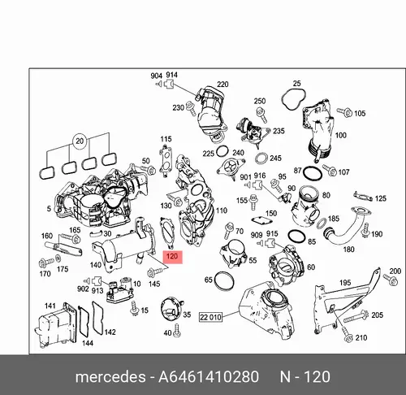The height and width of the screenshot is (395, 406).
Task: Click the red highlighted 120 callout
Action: tap(173, 257)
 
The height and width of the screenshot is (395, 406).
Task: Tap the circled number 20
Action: tap(80, 141)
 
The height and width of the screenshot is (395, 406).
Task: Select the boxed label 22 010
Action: tap(210, 317)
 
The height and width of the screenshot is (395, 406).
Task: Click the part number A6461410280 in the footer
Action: tap(209, 377)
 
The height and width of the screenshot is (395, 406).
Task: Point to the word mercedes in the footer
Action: tap(110, 377)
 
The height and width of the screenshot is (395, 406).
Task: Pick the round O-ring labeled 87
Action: tap(313, 173)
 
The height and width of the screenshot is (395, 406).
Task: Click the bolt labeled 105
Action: tap(344, 112)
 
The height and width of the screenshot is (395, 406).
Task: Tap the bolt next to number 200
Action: tap(391, 280)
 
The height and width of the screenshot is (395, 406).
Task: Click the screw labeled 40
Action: tap(178, 332)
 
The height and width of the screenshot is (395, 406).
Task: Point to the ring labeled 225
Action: tap(222, 151)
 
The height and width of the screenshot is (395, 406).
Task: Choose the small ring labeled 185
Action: tap(322, 223)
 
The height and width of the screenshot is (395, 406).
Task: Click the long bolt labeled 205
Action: tap(356, 317)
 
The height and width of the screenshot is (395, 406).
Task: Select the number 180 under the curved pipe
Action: tap(348, 250)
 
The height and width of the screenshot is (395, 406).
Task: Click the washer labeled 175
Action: tap(58, 258)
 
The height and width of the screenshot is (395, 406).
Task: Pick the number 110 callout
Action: tap(222, 211)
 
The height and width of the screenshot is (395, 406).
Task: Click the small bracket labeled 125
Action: tap(363, 197)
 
